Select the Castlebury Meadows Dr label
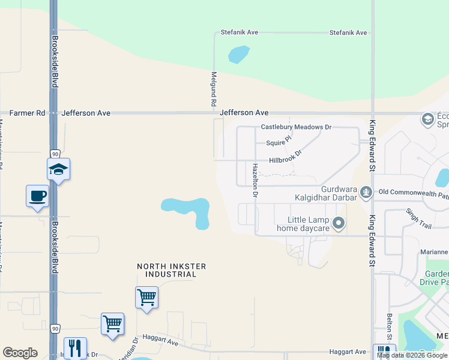(x=296, y=127)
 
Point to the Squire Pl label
(x=279, y=142)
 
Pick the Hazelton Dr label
(x=255, y=181)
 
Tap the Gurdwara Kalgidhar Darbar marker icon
(x=366, y=192)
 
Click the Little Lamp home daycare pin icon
(x=339, y=224)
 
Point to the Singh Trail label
(x=418, y=218)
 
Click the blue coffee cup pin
(x=37, y=196)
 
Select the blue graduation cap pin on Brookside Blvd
(x=59, y=169)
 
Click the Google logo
(x=20, y=353)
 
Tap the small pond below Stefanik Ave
(x=238, y=55)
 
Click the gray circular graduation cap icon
(x=428, y=119)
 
